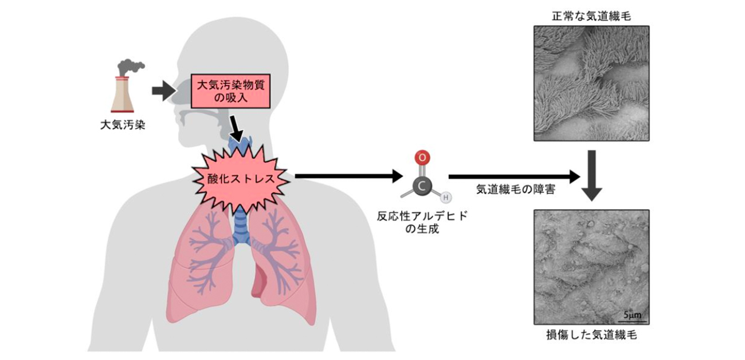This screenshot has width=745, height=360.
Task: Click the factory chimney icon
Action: click(123, 94)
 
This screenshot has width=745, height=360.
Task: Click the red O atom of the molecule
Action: click(421, 156)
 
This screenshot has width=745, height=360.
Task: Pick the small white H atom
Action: click(445, 198)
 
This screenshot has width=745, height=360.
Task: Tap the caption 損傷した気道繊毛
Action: click(591, 335)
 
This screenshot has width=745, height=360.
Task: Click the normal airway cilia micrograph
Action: click(591, 83)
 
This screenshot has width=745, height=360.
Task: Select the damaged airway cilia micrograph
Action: click(591, 267)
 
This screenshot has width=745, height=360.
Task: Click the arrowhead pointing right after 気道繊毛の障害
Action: click(574, 177)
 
